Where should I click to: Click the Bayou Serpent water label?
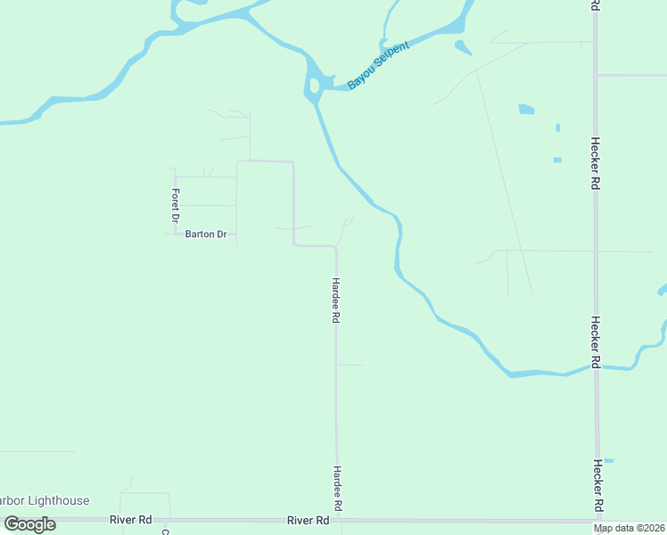coord(378,64)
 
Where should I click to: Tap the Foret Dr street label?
coord(176,206)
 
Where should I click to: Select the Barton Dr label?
coord(206,235)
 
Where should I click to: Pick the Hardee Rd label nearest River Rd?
coord(337,488)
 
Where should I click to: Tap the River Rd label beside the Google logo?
coord(131,519)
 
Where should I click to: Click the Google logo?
coord(30,523)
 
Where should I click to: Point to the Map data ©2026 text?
coord(629,528)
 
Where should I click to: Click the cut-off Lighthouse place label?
coord(45,500)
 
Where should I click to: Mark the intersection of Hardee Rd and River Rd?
coord(338,520)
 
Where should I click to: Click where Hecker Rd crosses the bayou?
coord(596,367)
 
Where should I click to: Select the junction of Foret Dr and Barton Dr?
coord(176,235)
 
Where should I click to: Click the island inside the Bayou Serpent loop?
coord(315,87)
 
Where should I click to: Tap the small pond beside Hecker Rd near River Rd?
coord(608,460)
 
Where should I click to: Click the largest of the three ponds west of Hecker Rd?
coord(526,110)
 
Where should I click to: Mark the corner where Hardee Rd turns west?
coord(335,247)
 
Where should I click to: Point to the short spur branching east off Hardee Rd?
coord(350,365)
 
